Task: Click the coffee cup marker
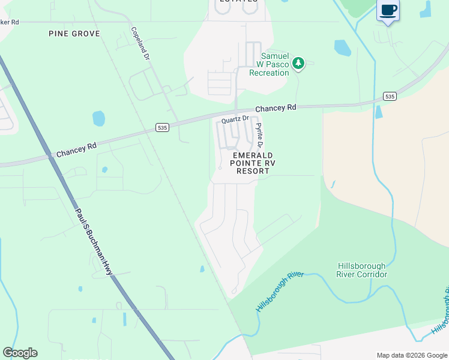point(388,10)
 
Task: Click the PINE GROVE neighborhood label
point(74,34)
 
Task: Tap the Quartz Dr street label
point(235,119)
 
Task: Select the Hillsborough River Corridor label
point(361,270)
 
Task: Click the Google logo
point(20,353)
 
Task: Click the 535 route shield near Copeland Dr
point(161,127)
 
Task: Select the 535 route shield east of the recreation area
point(390,97)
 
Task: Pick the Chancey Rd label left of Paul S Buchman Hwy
point(77,150)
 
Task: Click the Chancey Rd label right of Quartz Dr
point(276,108)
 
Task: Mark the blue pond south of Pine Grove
point(98,118)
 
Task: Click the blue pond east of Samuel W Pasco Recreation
point(342,47)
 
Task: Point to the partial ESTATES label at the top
point(237,2)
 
